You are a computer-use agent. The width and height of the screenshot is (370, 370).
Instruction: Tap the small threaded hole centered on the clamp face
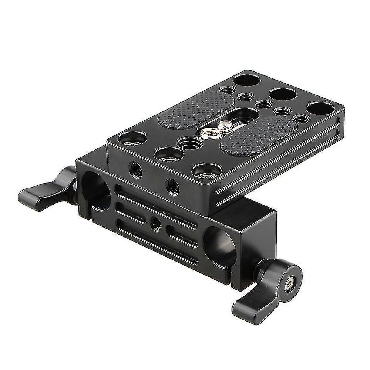tap(154, 222)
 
